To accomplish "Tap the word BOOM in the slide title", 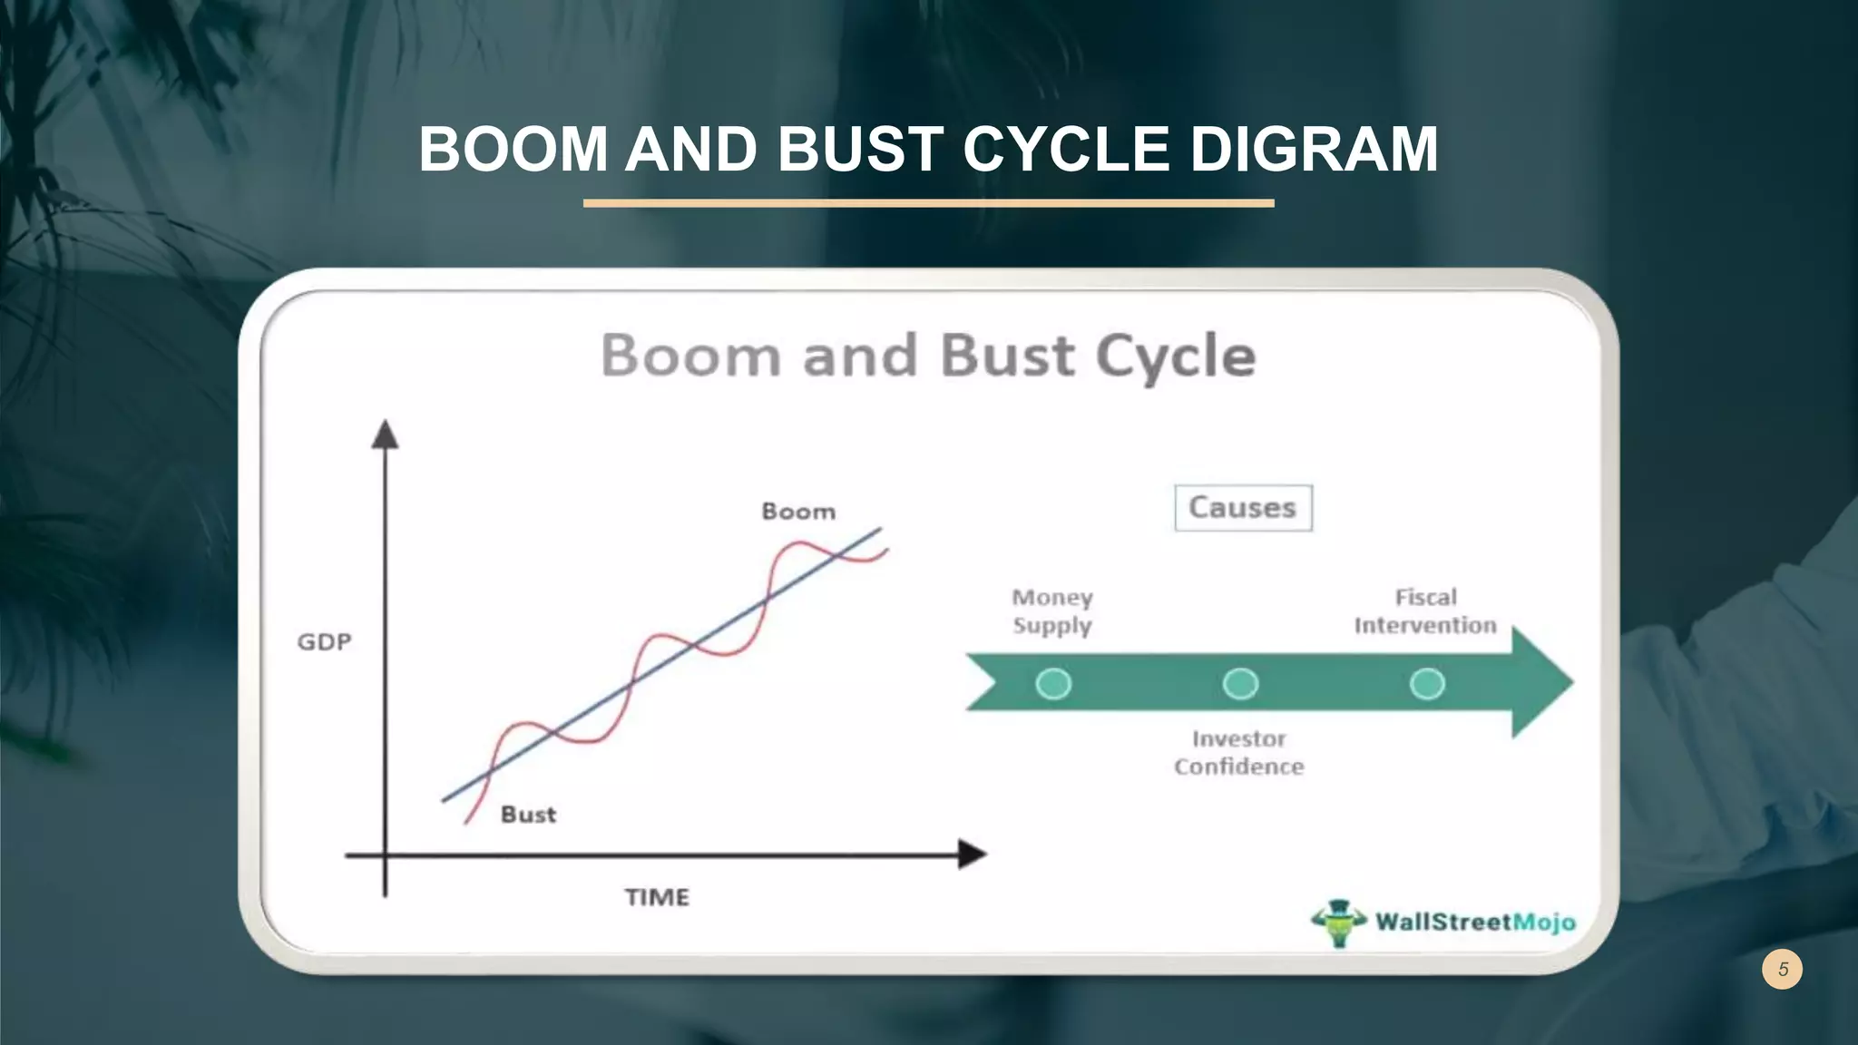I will pos(513,150).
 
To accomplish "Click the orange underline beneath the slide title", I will pos(928,203).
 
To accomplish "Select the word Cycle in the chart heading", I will pos(1176,356).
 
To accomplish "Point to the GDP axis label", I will pos(324,642).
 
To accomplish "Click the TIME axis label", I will pos(657,897).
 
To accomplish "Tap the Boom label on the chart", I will pos(798,512).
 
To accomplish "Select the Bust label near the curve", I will pos(528,815).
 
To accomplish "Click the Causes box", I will pos(1243,508).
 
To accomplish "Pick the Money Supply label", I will pos(1052,611).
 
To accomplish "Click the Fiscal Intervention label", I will pos(1425,611).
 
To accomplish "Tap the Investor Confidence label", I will pos(1239,753).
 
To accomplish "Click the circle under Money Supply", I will pos(1053,683).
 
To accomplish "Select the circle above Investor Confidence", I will pos(1240,683).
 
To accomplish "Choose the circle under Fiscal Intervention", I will pos(1427,683).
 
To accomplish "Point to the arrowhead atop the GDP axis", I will pos(386,435).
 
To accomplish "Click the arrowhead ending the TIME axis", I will pos(972,854).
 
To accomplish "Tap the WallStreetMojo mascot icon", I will pos(1339,923).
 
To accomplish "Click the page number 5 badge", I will pos(1782,969).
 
